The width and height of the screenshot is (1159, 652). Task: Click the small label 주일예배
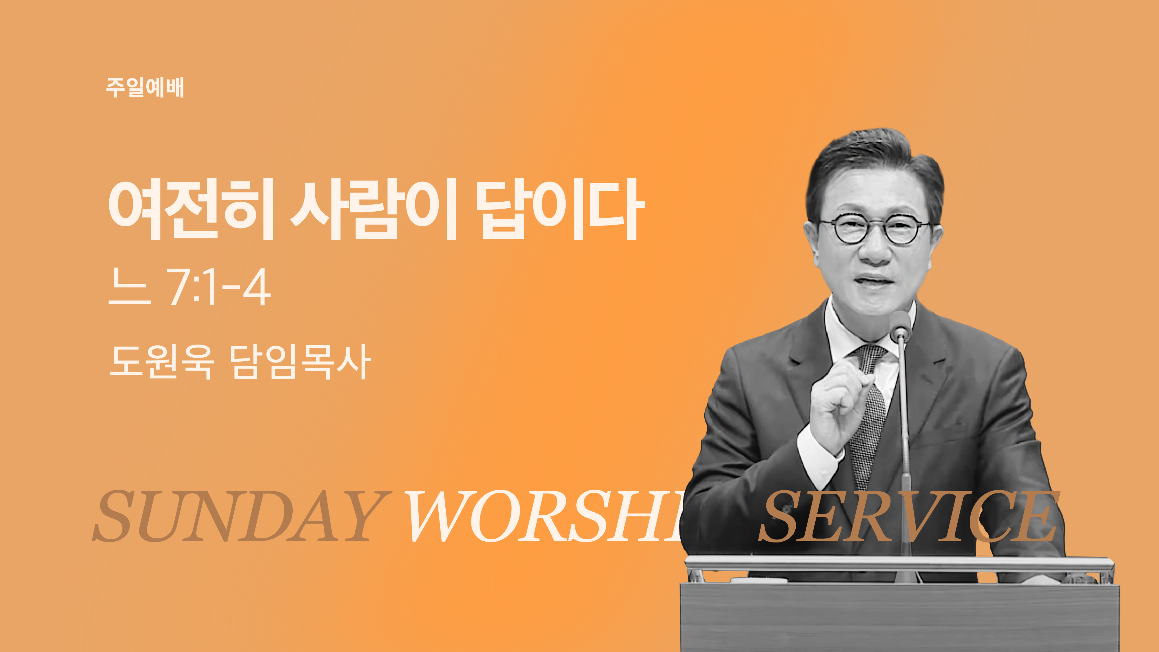click(145, 87)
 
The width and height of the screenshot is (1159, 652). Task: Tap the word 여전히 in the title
click(191, 208)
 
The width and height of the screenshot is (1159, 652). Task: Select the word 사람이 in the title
click(373, 208)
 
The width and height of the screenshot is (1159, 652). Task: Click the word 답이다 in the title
click(560, 208)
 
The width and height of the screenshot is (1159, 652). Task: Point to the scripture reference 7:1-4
click(219, 287)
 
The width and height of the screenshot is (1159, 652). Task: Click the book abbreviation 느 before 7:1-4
click(130, 287)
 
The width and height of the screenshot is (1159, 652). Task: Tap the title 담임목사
click(300, 361)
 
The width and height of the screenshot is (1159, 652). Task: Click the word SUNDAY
click(242, 516)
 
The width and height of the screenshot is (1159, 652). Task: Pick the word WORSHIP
click(544, 516)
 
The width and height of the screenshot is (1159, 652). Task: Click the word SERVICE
click(909, 516)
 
